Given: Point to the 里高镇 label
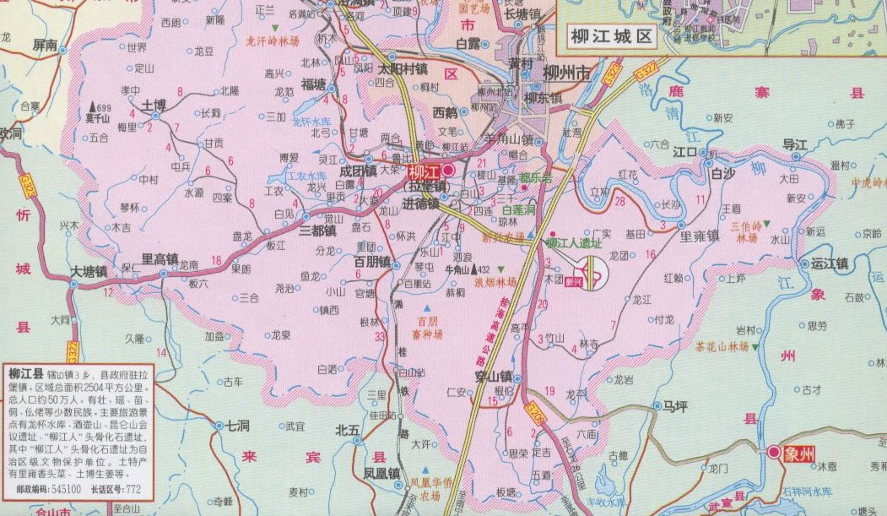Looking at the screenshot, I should [x=160, y=259].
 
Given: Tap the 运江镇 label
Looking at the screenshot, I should [x=828, y=263].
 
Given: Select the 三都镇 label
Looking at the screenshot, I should [x=318, y=229].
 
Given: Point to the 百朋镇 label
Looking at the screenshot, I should [x=372, y=262].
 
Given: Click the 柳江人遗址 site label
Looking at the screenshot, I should [x=573, y=243].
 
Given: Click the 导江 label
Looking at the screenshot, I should [x=795, y=144].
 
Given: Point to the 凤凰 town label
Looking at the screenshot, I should [x=381, y=473].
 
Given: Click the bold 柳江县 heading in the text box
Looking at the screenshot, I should [x=24, y=372].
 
